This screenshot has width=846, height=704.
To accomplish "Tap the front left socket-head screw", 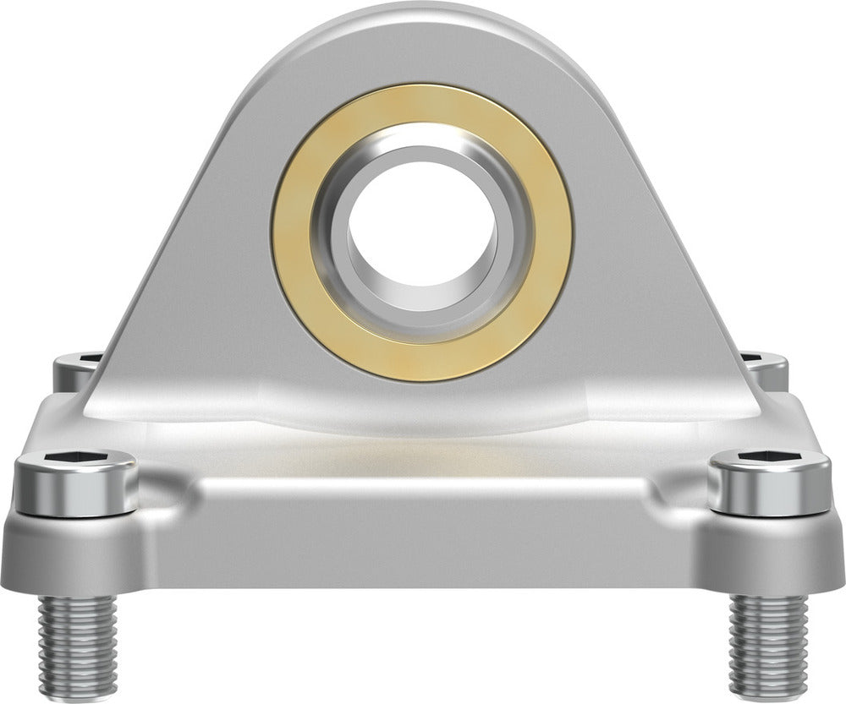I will click(x=76, y=478).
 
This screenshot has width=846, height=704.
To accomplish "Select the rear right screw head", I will click(x=766, y=368).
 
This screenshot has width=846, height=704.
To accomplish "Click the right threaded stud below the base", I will click(x=768, y=642).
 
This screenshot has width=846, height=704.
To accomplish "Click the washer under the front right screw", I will click(x=770, y=507).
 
